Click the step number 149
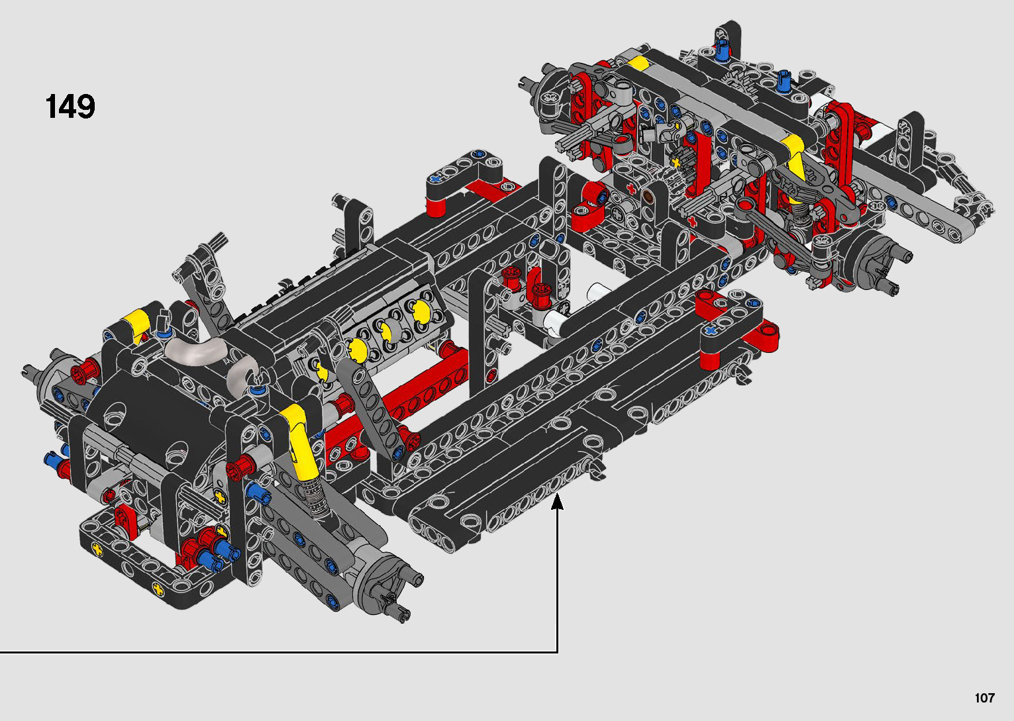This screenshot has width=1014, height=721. point(70,107)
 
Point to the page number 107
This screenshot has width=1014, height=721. point(984,697)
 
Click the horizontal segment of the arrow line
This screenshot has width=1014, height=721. point(278,652)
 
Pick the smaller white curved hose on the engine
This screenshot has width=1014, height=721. point(242,369)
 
